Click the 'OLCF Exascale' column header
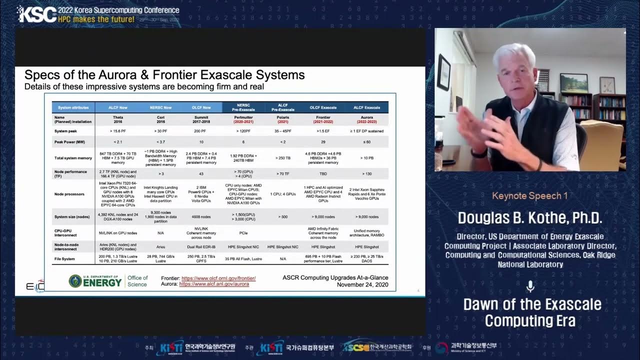323,107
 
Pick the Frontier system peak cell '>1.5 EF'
323,131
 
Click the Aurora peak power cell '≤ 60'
366,142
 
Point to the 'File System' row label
65,259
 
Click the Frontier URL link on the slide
218,278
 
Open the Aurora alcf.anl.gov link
214,284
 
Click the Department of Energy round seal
75,281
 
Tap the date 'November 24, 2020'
362,284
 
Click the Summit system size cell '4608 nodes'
201,217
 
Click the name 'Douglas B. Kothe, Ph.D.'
530,218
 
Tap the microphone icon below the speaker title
530,286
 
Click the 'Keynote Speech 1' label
530,196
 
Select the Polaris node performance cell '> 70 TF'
282,174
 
